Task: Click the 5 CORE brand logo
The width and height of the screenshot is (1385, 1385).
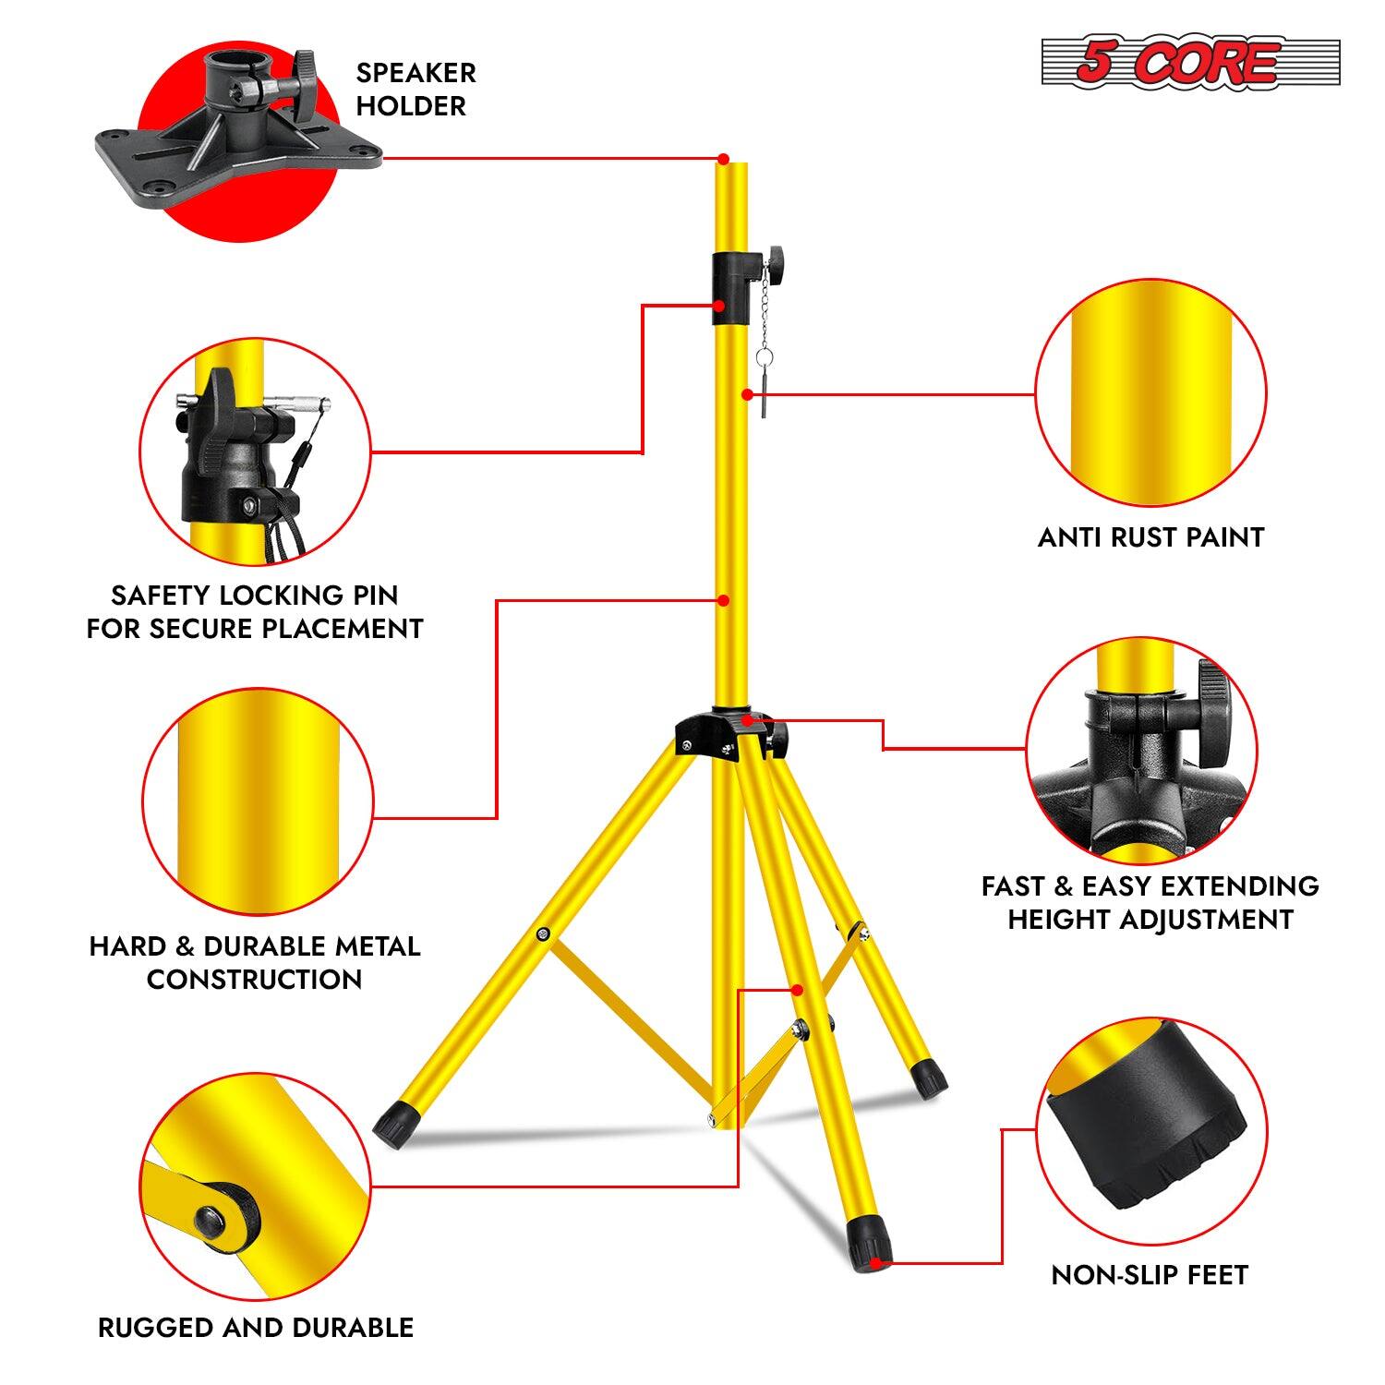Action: coord(1190,63)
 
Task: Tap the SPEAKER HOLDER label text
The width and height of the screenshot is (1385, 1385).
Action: coord(415,90)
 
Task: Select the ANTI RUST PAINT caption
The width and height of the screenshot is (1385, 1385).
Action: coord(1150,537)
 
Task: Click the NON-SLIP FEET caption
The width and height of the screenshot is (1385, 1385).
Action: coord(1150,1275)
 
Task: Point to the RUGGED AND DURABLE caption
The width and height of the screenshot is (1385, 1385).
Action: coord(256,1328)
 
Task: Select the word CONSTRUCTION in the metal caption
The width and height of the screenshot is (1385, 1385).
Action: coord(254,980)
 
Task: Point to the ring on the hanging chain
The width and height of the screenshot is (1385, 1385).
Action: coord(764,355)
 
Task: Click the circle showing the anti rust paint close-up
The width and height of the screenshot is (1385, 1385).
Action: coord(1150,395)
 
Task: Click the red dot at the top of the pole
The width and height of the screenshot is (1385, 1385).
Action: coord(724,158)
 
